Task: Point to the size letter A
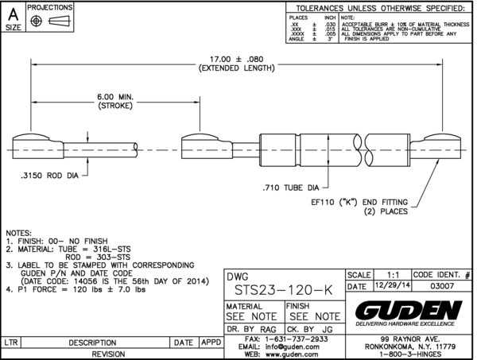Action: pyautogui.click(x=14, y=14)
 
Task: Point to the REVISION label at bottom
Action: pyautogui.click(x=111, y=354)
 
